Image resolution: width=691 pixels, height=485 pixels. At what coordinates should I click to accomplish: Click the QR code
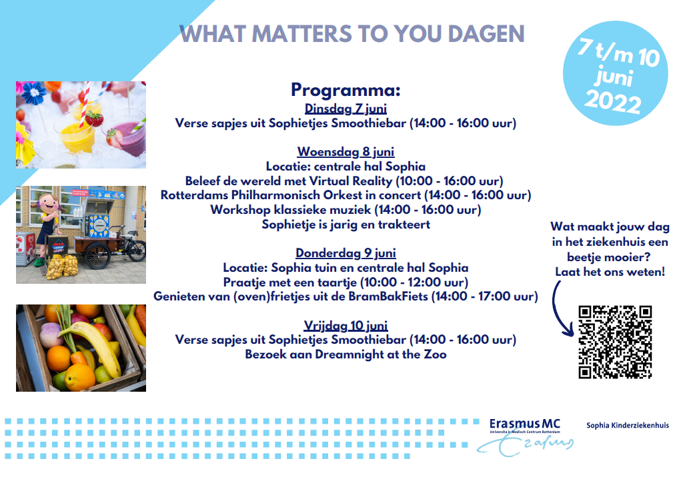click(615, 342)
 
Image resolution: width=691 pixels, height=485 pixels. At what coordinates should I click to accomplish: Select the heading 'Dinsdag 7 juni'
click(345, 109)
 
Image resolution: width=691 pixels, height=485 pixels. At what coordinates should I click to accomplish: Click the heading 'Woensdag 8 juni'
click(345, 151)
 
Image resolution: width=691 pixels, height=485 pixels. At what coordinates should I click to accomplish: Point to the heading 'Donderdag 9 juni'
click(345, 253)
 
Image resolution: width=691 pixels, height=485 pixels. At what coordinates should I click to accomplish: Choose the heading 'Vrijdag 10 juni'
click(345, 326)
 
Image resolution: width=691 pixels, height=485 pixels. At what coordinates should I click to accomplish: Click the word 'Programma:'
click(345, 91)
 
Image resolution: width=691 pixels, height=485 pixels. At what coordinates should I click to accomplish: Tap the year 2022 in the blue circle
click(612, 102)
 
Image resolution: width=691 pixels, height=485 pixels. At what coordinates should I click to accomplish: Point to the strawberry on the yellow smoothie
click(94, 119)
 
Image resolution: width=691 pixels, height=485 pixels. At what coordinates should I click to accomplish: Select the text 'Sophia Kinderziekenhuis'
click(627, 425)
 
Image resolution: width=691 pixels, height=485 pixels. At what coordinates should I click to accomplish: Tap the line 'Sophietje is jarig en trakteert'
click(345, 225)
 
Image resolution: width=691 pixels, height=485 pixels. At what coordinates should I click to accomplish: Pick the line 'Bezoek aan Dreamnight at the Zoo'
click(345, 354)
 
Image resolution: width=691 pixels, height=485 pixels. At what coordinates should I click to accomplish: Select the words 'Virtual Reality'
click(354, 181)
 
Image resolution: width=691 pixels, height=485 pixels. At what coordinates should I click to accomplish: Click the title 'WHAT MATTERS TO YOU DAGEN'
click(352, 34)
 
